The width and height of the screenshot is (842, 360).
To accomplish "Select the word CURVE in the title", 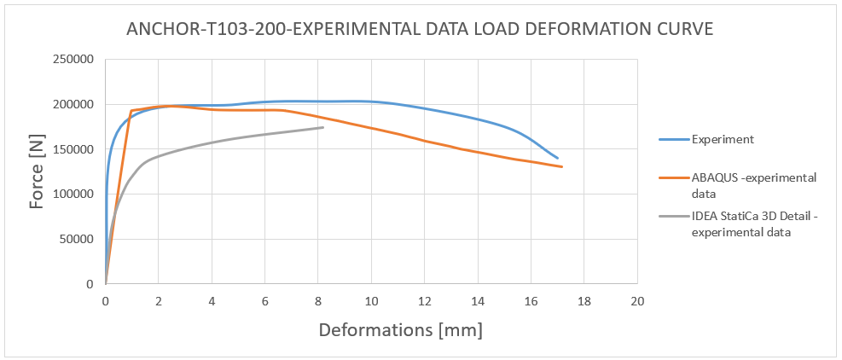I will click(x=679, y=30).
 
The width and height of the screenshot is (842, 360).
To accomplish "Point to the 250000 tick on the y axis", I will click(x=75, y=60).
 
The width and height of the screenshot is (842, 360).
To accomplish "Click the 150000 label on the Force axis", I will click(x=75, y=149).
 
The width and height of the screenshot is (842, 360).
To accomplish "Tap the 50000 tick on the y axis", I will click(x=78, y=239).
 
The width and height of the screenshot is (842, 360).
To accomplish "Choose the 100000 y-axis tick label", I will click(x=75, y=195).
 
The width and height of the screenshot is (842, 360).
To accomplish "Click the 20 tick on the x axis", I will click(x=636, y=302).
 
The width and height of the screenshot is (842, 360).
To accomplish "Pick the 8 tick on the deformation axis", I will click(x=318, y=302).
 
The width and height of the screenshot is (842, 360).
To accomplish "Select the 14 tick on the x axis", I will click(x=477, y=302).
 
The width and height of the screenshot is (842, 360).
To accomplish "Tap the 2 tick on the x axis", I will click(x=159, y=302).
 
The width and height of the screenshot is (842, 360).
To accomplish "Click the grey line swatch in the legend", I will click(x=674, y=218).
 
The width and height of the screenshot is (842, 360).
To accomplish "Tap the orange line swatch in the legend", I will click(x=674, y=178).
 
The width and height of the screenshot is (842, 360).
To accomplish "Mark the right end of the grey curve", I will click(x=323, y=127).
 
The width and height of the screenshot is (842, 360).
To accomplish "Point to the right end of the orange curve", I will click(x=562, y=166).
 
